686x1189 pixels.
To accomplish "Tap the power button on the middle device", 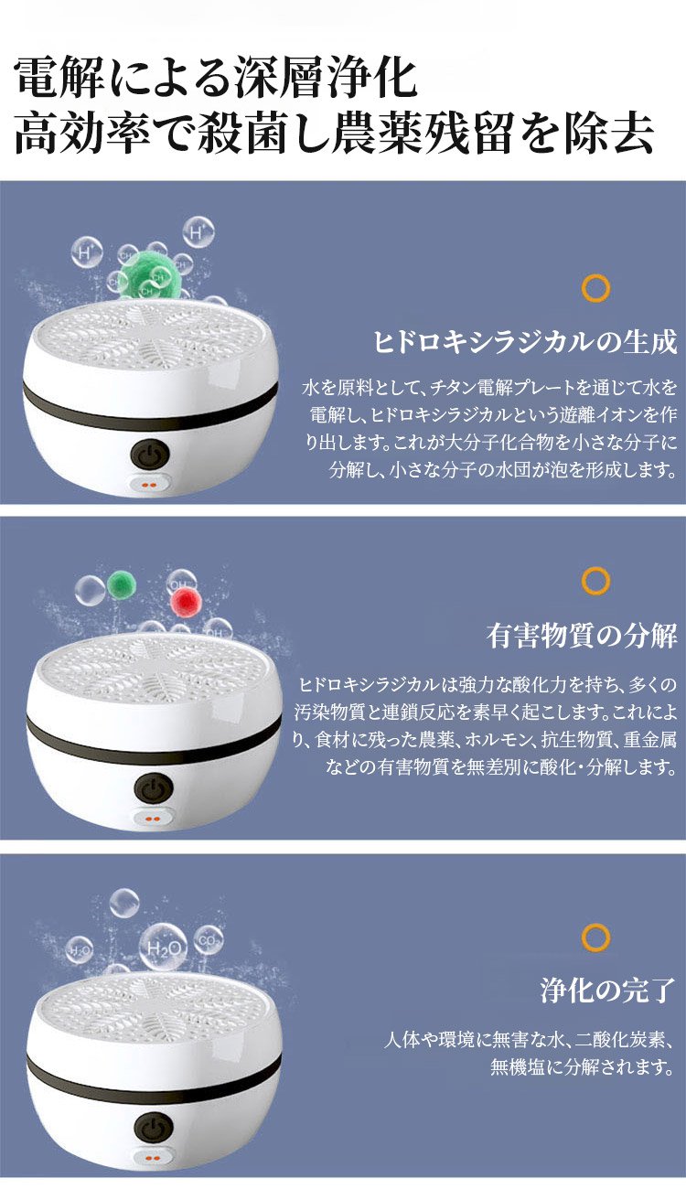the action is (x=154, y=788).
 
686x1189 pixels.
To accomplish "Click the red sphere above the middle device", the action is (x=186, y=602).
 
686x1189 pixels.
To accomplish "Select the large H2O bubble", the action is (x=163, y=948).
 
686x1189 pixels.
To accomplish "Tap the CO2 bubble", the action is (x=209, y=940).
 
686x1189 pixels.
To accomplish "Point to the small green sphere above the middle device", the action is (x=122, y=584).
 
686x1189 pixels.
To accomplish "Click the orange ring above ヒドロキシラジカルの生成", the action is (x=595, y=288).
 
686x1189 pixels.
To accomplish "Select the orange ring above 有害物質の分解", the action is (x=595, y=580).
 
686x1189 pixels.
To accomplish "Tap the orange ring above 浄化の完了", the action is (x=595, y=937).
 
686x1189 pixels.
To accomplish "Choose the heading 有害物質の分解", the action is (x=582, y=636).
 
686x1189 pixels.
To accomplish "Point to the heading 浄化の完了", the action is (x=608, y=991).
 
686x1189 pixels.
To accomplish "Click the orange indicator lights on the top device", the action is (x=151, y=485).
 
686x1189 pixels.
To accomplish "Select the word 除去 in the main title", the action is (x=609, y=134).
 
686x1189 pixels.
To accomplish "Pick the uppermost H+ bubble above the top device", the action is (x=198, y=232).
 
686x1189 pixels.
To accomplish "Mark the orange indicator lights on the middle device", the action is (x=154, y=819).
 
